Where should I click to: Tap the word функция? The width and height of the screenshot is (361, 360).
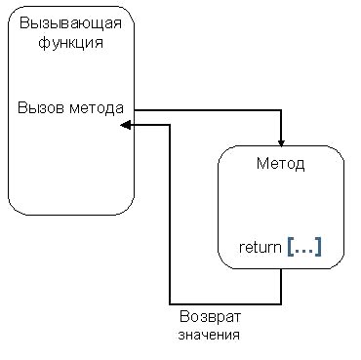[68, 43]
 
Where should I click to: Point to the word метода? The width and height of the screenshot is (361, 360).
[96, 107]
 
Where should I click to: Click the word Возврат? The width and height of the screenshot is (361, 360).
[209, 318]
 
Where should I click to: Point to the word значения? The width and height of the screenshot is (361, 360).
[209, 335]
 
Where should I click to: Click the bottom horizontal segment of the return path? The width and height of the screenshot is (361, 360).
[224, 301]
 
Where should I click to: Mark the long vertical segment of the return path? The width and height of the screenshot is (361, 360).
[170, 215]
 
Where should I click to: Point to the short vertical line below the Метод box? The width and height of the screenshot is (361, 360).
[281, 285]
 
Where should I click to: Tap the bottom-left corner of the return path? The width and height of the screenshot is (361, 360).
[170, 301]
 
